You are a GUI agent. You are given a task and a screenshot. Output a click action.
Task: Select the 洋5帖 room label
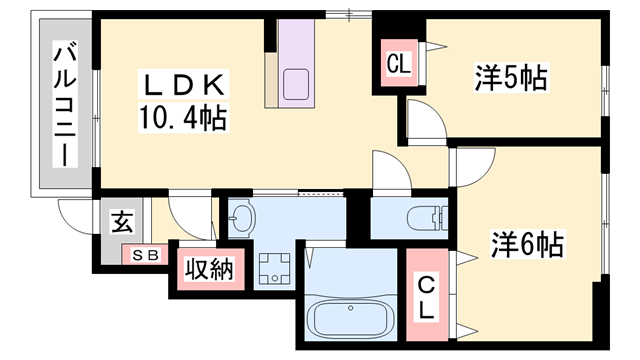[510, 78]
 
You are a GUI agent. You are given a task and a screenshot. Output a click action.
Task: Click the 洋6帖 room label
[526, 243]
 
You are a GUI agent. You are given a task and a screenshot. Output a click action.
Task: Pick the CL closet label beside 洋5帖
[398, 66]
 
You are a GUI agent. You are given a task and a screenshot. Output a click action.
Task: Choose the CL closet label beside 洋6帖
[426, 297]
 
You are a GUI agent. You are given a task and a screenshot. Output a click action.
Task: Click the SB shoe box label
[146, 256]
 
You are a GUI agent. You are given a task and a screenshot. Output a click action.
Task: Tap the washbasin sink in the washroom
[243, 217]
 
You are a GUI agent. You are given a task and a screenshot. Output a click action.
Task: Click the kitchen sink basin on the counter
[297, 84]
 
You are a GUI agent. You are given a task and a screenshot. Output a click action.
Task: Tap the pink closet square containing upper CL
[398, 66]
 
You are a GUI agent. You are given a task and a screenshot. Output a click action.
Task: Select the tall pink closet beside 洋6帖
[426, 297]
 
